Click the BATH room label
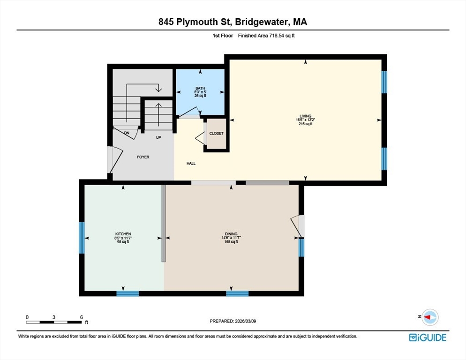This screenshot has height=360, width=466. pos(200,88)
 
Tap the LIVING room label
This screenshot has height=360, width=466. pos(305,116)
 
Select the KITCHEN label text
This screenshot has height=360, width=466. pos(123,234)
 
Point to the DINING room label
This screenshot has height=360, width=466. pos(231,234)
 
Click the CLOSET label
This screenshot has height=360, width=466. pos(217,134)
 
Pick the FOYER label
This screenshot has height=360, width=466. pos(143,157)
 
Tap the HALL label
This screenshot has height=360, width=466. pos(191,164)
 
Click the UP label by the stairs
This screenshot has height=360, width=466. pos(159,137)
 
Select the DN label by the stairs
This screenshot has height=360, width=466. pos(127,133)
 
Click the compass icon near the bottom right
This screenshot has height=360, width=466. pos(429,317)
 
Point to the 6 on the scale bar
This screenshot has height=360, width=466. pos(82,317)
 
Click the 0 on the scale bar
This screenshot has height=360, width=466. pos(27,317)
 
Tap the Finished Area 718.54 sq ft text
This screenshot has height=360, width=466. pos(266,36)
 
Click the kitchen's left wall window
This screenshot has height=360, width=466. pos(82,238)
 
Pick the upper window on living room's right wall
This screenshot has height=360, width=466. pos(384,82)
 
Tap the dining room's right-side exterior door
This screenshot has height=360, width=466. pos(298,226)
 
